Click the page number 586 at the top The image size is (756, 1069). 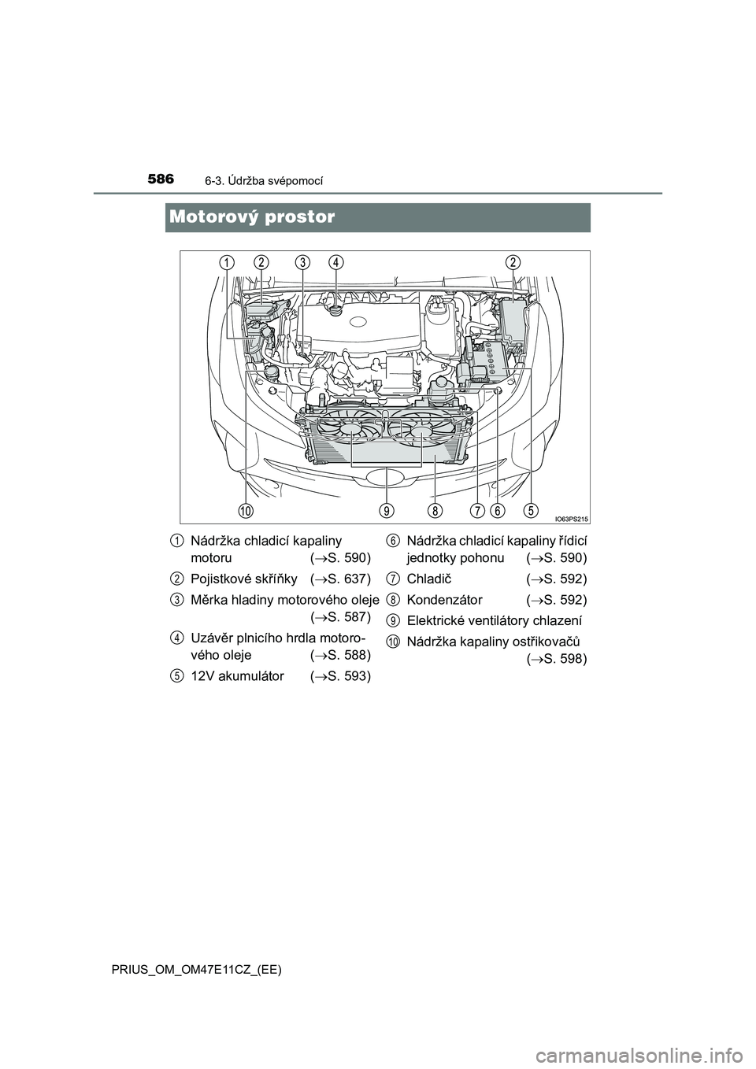pyautogui.click(x=161, y=180)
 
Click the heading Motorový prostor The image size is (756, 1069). pyautogui.click(x=252, y=217)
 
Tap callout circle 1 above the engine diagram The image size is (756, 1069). pyautogui.click(x=227, y=262)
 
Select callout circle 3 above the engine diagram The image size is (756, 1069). pyautogui.click(x=302, y=262)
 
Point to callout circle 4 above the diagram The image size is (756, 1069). pyautogui.click(x=336, y=262)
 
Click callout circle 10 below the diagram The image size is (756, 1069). pyautogui.click(x=246, y=510)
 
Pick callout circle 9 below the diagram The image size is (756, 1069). pyautogui.click(x=387, y=510)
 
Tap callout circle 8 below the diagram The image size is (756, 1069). pyautogui.click(x=435, y=510)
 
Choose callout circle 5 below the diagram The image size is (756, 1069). pyautogui.click(x=529, y=510)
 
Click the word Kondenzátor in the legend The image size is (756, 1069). pyautogui.click(x=444, y=599)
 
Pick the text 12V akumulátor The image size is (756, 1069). pyautogui.click(x=237, y=676)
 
